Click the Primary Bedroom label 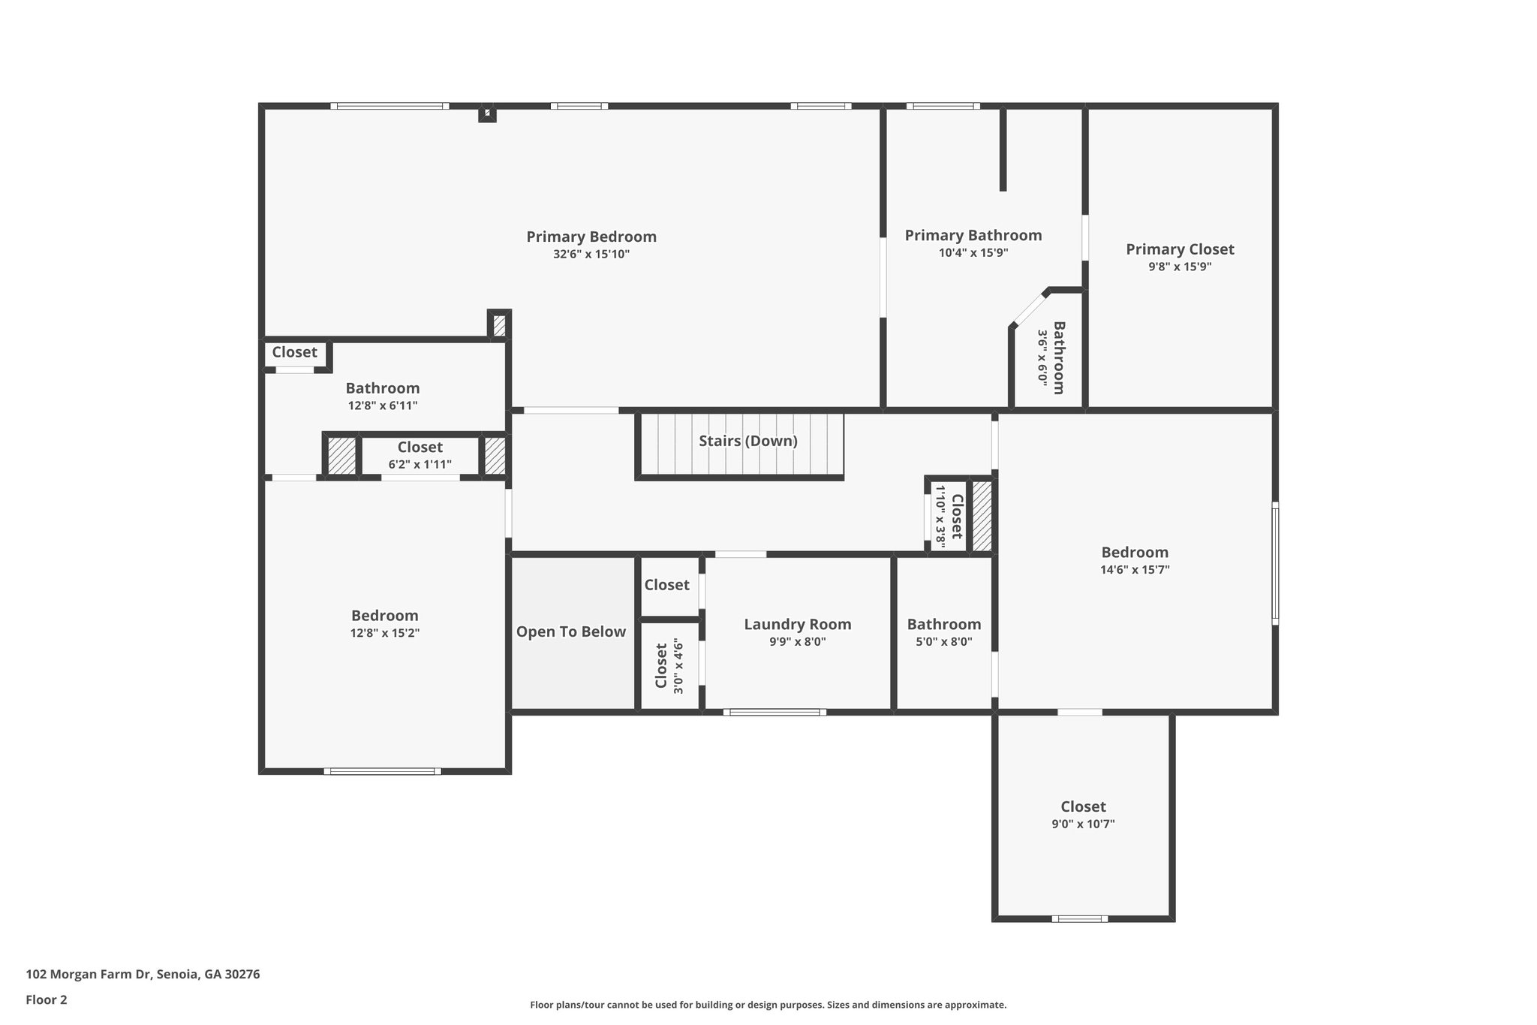coord(591,237)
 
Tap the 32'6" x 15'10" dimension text coord(591,255)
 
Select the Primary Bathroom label coord(973,235)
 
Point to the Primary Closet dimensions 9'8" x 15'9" coord(1180,267)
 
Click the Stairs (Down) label coord(747,441)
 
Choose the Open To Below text coord(570,632)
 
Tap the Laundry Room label coord(797,624)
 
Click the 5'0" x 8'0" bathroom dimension coord(943,642)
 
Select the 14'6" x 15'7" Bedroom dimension coord(1134,570)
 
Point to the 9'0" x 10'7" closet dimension coord(1082,824)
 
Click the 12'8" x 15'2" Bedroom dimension coord(384,633)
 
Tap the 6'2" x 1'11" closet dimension coord(420,465)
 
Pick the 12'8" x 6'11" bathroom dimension coord(382,405)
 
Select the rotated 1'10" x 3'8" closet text coord(940,515)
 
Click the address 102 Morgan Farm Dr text coord(143,974)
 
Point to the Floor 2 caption coord(47,999)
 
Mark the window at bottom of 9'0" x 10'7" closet coord(1078,918)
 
